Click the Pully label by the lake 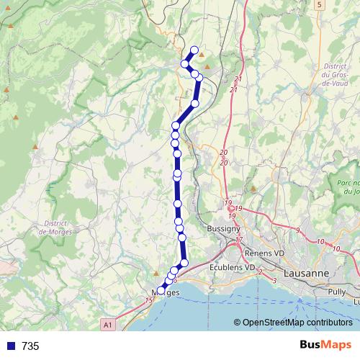click(337, 292)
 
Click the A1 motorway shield click(107, 325)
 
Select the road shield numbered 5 click(318, 4)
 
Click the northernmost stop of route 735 click(194, 50)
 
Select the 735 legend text click(30, 346)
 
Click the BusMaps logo click(326, 346)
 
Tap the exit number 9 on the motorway click(297, 230)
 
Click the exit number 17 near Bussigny click(240, 240)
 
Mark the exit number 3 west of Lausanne click(274, 280)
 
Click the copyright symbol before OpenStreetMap click(237, 323)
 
